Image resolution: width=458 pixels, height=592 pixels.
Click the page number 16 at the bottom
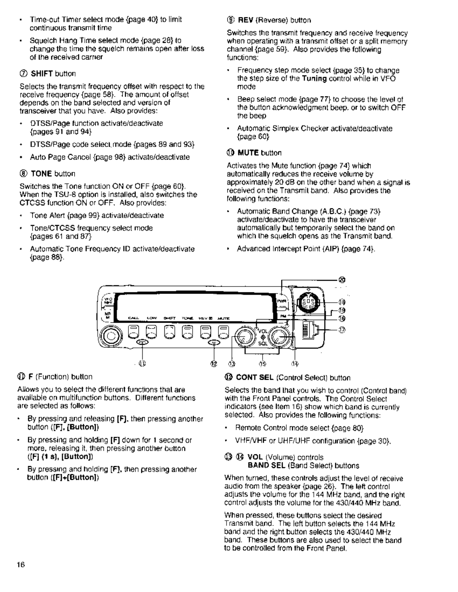[21, 565]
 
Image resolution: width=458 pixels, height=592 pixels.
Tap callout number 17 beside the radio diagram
[342, 329]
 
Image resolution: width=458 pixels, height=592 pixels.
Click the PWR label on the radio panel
[281, 301]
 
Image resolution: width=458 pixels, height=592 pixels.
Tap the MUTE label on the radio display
[223, 318]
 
